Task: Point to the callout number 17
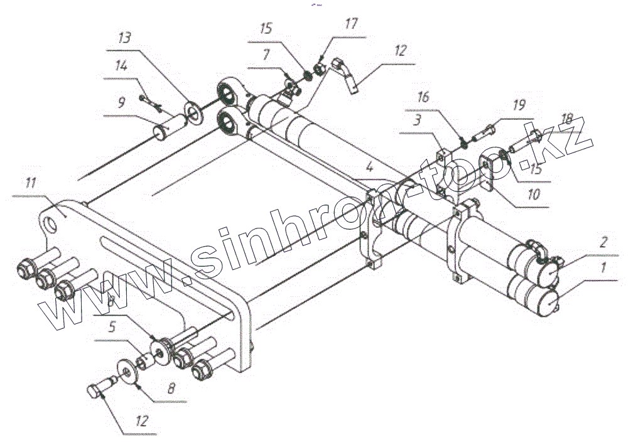[350, 25]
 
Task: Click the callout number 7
[266, 55]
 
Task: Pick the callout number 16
[425, 97]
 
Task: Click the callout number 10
[533, 195]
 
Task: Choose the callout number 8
[170, 389]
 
